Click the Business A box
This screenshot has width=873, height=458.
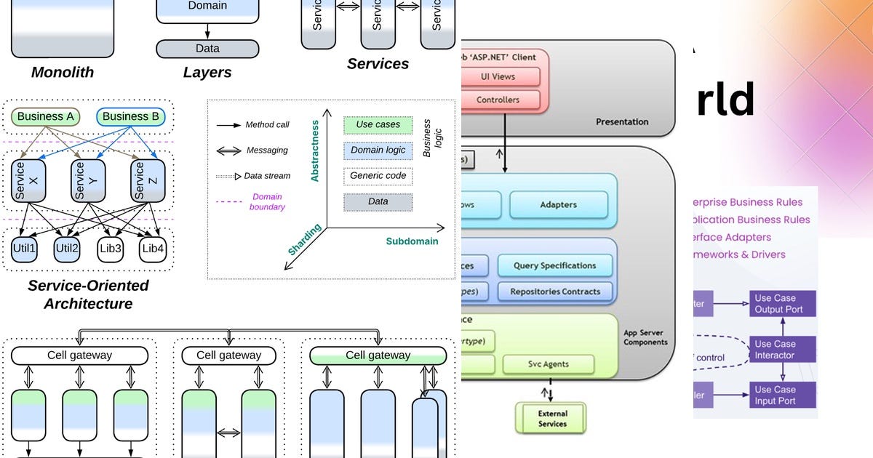[45, 116]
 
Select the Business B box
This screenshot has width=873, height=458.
[130, 116]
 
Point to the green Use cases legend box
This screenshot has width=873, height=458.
[378, 125]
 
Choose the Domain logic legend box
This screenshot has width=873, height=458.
[378, 150]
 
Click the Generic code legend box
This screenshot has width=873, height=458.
[378, 176]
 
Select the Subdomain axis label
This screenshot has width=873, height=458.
[412, 241]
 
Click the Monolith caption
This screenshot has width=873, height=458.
[63, 72]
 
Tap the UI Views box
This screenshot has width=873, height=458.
[498, 76]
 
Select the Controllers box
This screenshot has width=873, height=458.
[498, 100]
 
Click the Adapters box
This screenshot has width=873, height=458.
[558, 205]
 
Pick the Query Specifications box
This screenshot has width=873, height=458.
[554, 265]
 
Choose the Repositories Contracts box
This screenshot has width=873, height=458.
[554, 292]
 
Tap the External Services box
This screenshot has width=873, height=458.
[552, 419]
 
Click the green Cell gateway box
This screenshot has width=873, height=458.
[378, 355]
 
